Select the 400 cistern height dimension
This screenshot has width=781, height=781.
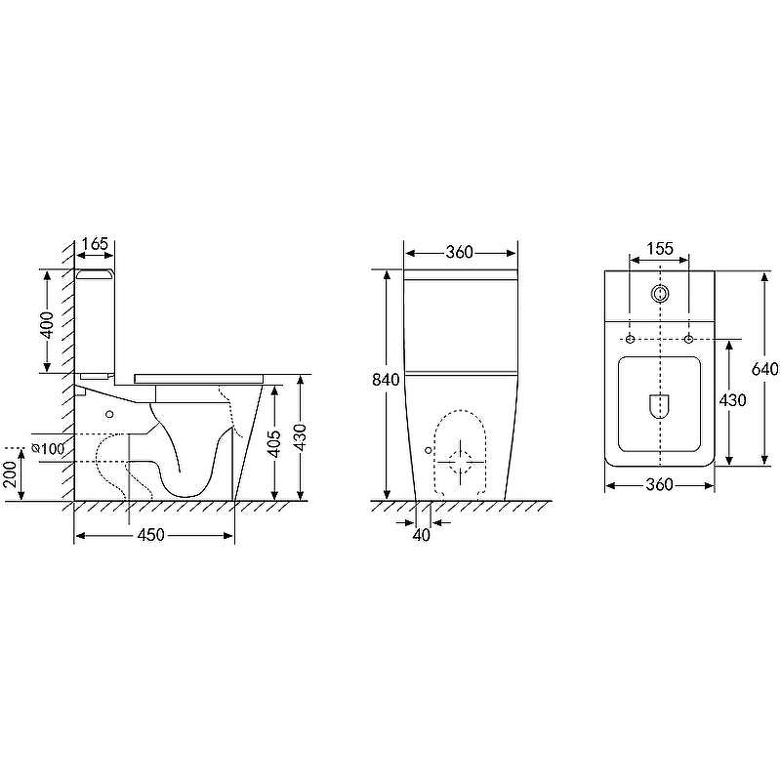pyautogui.click(x=47, y=325)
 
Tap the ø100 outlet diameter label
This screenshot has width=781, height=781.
pyautogui.click(x=48, y=449)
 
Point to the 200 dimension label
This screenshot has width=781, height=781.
pyautogui.click(x=11, y=473)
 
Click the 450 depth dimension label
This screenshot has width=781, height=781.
pyautogui.click(x=150, y=535)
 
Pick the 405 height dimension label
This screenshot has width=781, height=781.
pyautogui.click(x=274, y=443)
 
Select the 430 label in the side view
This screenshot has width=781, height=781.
pyautogui.click(x=300, y=437)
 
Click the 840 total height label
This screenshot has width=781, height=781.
pyautogui.click(x=386, y=380)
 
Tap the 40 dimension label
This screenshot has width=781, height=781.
pyautogui.click(x=422, y=535)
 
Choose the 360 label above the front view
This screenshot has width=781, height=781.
pyautogui.click(x=459, y=252)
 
